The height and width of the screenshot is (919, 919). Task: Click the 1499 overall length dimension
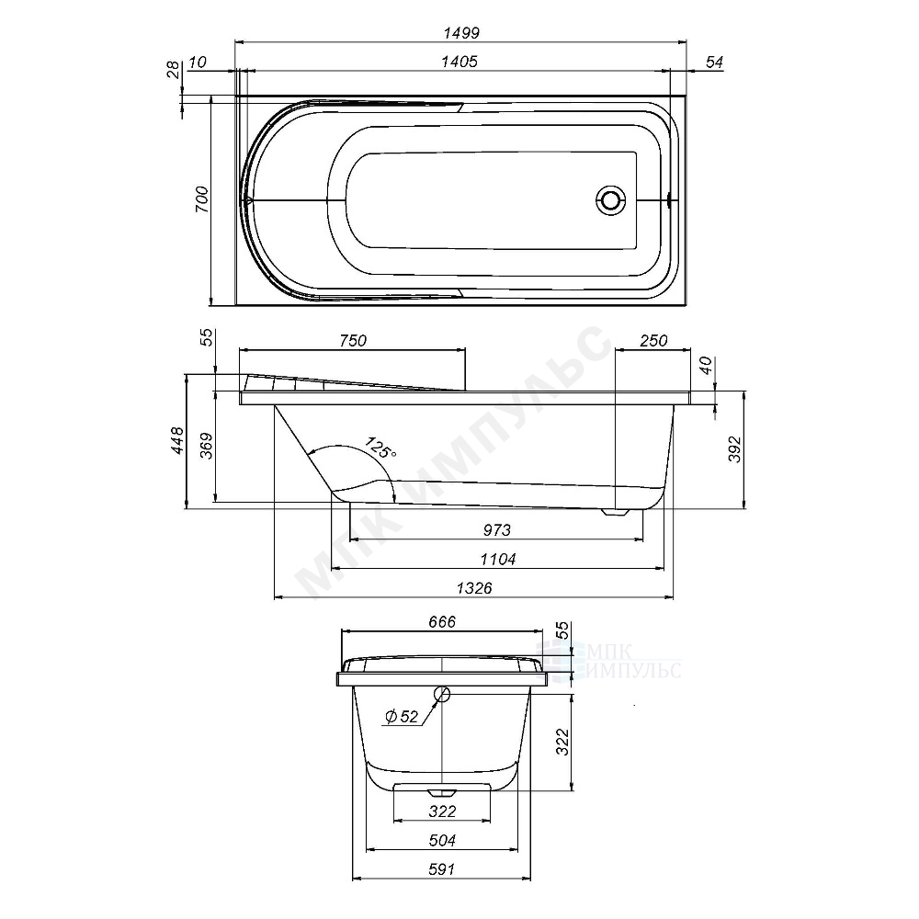(x=461, y=33)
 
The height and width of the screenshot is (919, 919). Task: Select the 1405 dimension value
(x=459, y=62)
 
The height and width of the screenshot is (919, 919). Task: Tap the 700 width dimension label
(x=201, y=199)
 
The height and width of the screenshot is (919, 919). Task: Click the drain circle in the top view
(x=611, y=200)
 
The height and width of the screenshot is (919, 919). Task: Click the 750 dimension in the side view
(x=353, y=341)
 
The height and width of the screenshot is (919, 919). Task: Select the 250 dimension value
(x=653, y=341)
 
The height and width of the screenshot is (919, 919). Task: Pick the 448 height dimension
(x=177, y=440)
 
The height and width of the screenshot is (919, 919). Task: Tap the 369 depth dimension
(x=206, y=446)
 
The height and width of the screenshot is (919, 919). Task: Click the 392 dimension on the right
(x=735, y=449)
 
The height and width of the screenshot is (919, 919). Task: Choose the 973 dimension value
(x=497, y=530)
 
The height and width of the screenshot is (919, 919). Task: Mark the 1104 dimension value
(x=497, y=560)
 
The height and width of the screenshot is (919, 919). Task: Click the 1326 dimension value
(x=474, y=588)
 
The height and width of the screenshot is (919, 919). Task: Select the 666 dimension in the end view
(x=442, y=622)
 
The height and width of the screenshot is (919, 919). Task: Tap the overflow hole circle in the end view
(x=442, y=695)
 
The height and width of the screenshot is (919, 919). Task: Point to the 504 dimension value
(x=442, y=841)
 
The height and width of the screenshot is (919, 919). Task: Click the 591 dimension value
(x=441, y=869)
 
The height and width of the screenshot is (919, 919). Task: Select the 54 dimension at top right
(x=714, y=62)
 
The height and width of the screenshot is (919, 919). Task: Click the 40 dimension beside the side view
(x=706, y=366)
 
